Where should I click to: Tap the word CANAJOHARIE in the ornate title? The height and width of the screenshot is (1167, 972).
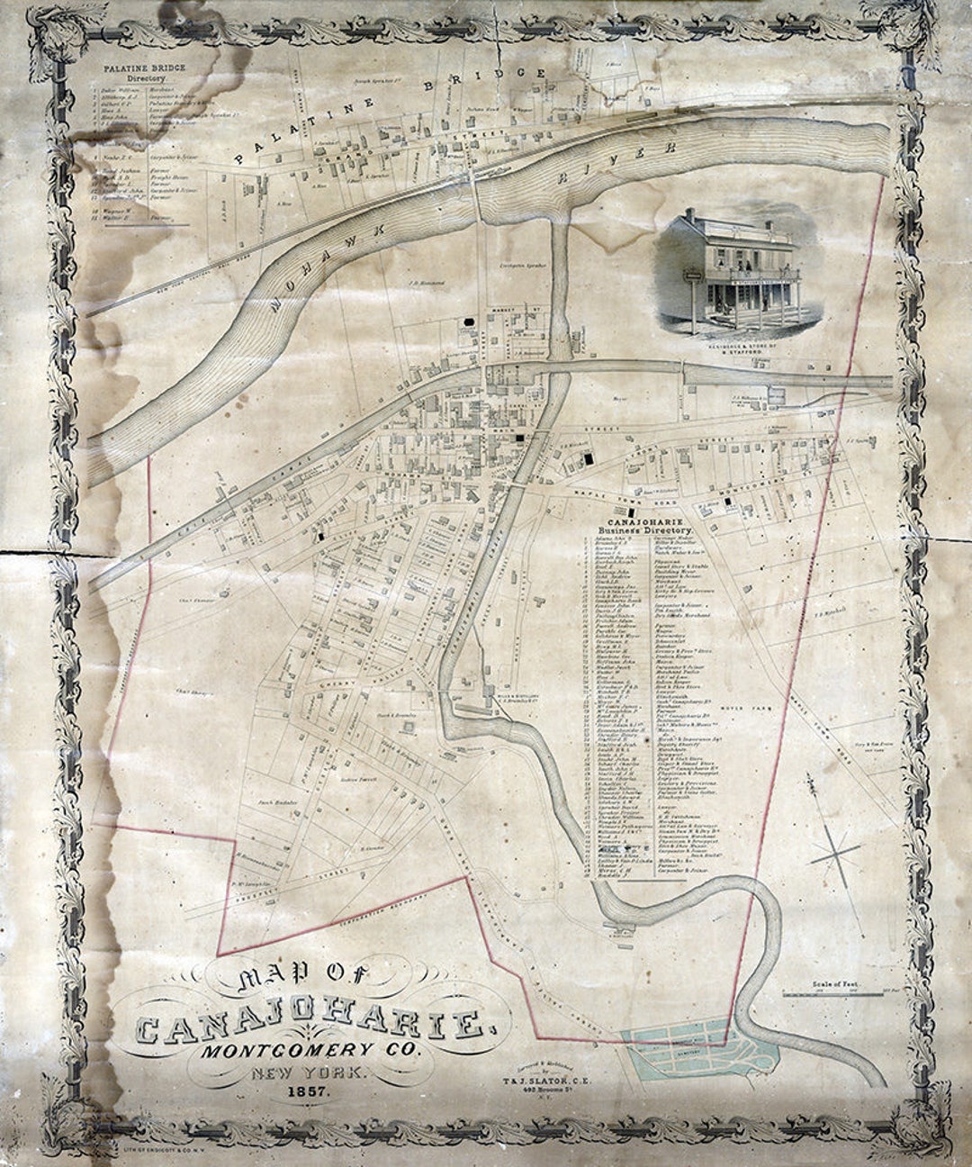[x=308, y=1024]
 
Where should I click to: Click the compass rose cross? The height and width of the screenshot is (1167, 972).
[x=836, y=852]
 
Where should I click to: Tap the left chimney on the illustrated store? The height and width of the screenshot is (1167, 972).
[x=689, y=214]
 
